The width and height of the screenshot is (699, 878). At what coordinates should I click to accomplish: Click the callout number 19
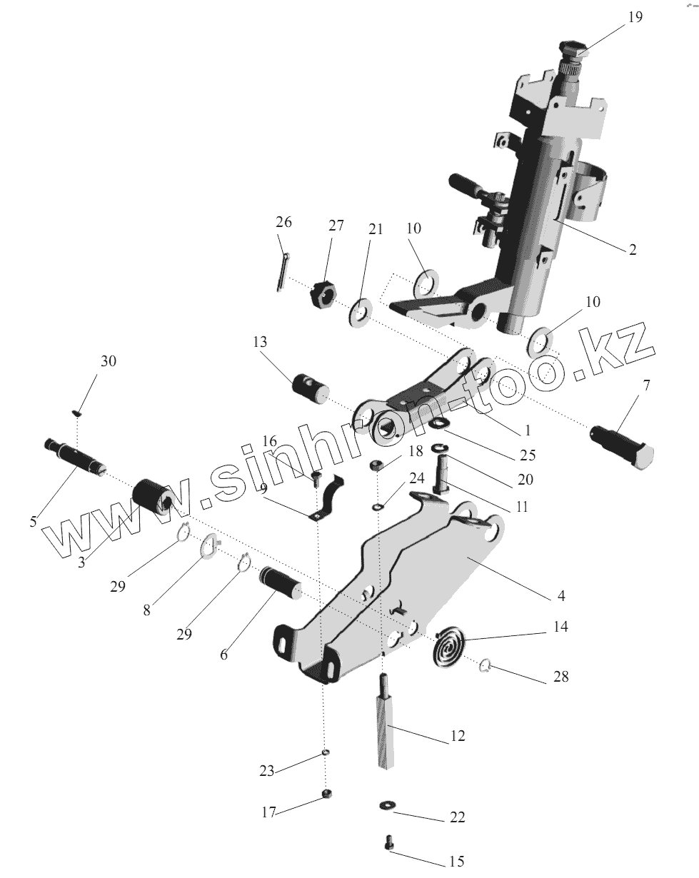coord(635,17)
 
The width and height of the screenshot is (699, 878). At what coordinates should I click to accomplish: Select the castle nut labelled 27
coord(323,295)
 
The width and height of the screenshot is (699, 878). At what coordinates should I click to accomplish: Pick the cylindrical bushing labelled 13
coord(309,386)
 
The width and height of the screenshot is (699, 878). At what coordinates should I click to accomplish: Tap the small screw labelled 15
coord(389,843)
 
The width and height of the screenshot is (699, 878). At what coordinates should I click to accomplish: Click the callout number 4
coord(561,595)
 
